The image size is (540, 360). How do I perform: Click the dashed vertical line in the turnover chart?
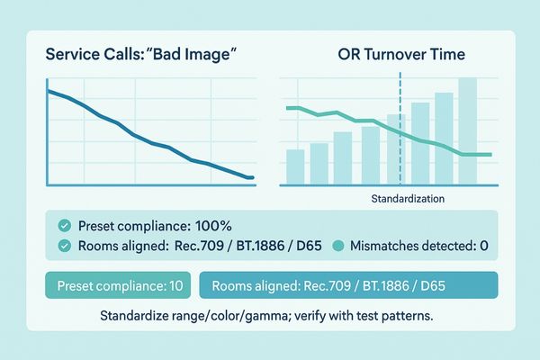[399, 99]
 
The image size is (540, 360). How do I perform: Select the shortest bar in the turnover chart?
[295, 167]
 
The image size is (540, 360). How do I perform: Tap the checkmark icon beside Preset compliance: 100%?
[63, 226]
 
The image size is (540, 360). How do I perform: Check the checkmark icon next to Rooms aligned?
[63, 245]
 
